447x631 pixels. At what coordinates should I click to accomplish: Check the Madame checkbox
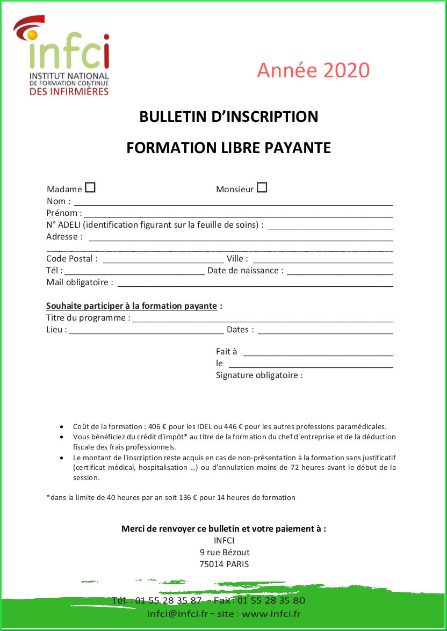point(90,187)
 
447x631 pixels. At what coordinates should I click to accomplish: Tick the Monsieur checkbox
point(262,187)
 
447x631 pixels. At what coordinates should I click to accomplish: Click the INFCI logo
point(62,56)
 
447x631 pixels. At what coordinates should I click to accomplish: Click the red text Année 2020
point(313,70)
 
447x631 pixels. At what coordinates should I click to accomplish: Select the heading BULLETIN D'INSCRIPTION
point(228,117)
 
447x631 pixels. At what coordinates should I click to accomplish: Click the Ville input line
point(322,260)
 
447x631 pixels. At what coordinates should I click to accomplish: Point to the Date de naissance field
point(340,272)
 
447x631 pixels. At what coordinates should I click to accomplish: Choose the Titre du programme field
point(263,320)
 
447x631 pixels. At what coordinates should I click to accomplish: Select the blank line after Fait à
point(318,353)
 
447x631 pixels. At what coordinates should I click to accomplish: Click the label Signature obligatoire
point(259,375)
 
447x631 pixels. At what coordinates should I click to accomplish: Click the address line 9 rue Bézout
point(224,552)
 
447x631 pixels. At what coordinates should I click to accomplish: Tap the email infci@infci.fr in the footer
point(177,614)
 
